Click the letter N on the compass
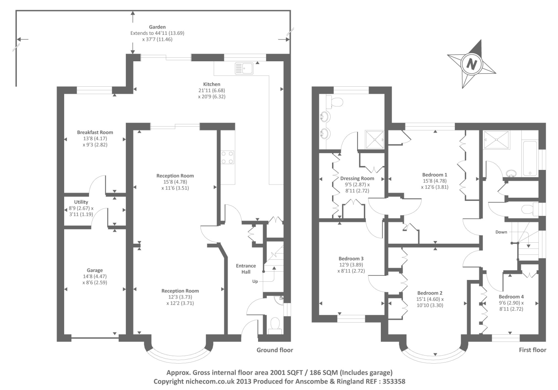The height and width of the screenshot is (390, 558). tap(472, 64)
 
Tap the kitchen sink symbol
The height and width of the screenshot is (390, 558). tap(244, 68)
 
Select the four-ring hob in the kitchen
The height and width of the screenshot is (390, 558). tap(227, 157)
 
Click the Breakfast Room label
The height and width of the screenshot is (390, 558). tap(95, 132)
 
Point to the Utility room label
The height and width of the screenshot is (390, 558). tap(81, 202)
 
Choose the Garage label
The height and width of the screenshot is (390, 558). tap(95, 270)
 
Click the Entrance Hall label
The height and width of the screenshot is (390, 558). tap(246, 269)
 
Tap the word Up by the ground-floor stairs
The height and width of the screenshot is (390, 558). tap(255, 281)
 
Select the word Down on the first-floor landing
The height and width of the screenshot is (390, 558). tap(501, 232)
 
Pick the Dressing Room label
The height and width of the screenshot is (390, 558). tap(357, 179)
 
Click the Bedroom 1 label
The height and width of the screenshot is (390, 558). tap(435, 175)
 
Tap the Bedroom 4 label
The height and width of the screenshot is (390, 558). tap(511, 297)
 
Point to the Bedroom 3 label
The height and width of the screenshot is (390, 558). tap(351, 259)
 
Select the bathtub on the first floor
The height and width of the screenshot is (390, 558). tap(530, 158)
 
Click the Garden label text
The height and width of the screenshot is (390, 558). tap(157, 27)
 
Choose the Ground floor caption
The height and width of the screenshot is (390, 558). tap(275, 350)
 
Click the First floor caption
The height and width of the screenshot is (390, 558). tap(533, 350)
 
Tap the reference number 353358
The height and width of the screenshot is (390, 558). tap(394, 381)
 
